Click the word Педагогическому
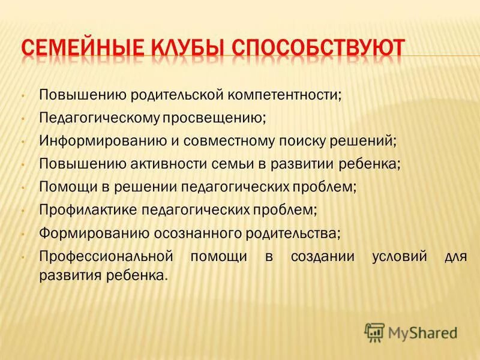tap(98, 118)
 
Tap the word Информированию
tap(95, 141)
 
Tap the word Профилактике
tap(88, 210)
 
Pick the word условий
tap(390, 256)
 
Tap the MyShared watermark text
tap(422, 332)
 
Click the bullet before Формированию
tap(22, 233)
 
